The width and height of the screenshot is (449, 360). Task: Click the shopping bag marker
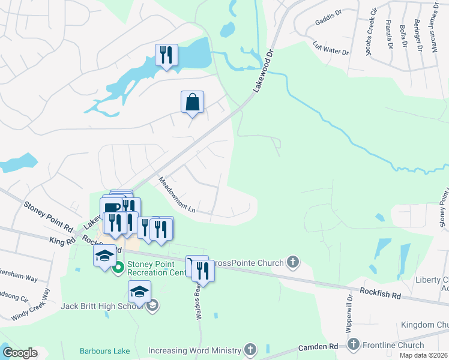(x=192, y=102)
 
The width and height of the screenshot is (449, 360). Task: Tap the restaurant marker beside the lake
(x=166, y=55)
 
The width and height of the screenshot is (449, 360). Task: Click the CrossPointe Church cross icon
(x=292, y=262)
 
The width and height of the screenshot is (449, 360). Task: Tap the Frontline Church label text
(x=393, y=345)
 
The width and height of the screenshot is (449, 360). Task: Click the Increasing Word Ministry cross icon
(x=250, y=350)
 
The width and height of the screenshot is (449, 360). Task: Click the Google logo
(x=20, y=353)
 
